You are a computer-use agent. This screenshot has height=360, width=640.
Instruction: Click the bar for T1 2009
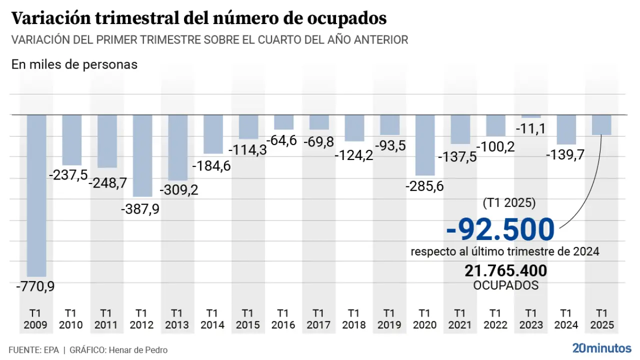click(x=37, y=195)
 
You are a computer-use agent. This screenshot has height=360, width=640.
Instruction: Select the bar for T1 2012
click(x=142, y=155)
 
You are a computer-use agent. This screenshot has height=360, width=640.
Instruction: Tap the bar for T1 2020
click(x=425, y=145)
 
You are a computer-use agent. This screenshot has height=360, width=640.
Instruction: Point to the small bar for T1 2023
click(x=531, y=116)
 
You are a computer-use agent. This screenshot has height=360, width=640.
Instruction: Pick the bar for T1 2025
click(x=601, y=125)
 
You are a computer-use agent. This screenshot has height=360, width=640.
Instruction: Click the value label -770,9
click(x=35, y=287)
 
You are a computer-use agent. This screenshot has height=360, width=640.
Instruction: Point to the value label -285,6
click(x=425, y=186)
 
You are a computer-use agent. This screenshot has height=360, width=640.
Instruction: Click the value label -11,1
click(x=531, y=129)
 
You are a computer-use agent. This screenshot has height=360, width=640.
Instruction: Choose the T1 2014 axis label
click(x=212, y=319)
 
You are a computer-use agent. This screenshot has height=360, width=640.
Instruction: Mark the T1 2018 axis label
click(x=354, y=319)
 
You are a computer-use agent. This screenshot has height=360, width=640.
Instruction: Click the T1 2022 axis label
click(x=495, y=319)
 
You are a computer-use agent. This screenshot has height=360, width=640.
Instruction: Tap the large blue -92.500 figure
click(x=500, y=229)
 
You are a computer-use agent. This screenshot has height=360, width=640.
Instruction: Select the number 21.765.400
click(x=505, y=270)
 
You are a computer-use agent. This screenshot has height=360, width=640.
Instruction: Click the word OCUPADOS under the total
click(x=505, y=285)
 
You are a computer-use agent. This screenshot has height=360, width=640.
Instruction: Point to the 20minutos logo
click(x=602, y=348)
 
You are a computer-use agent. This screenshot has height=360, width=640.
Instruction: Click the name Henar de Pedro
click(x=137, y=350)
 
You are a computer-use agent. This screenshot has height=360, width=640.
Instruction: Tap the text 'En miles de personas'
click(x=74, y=64)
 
